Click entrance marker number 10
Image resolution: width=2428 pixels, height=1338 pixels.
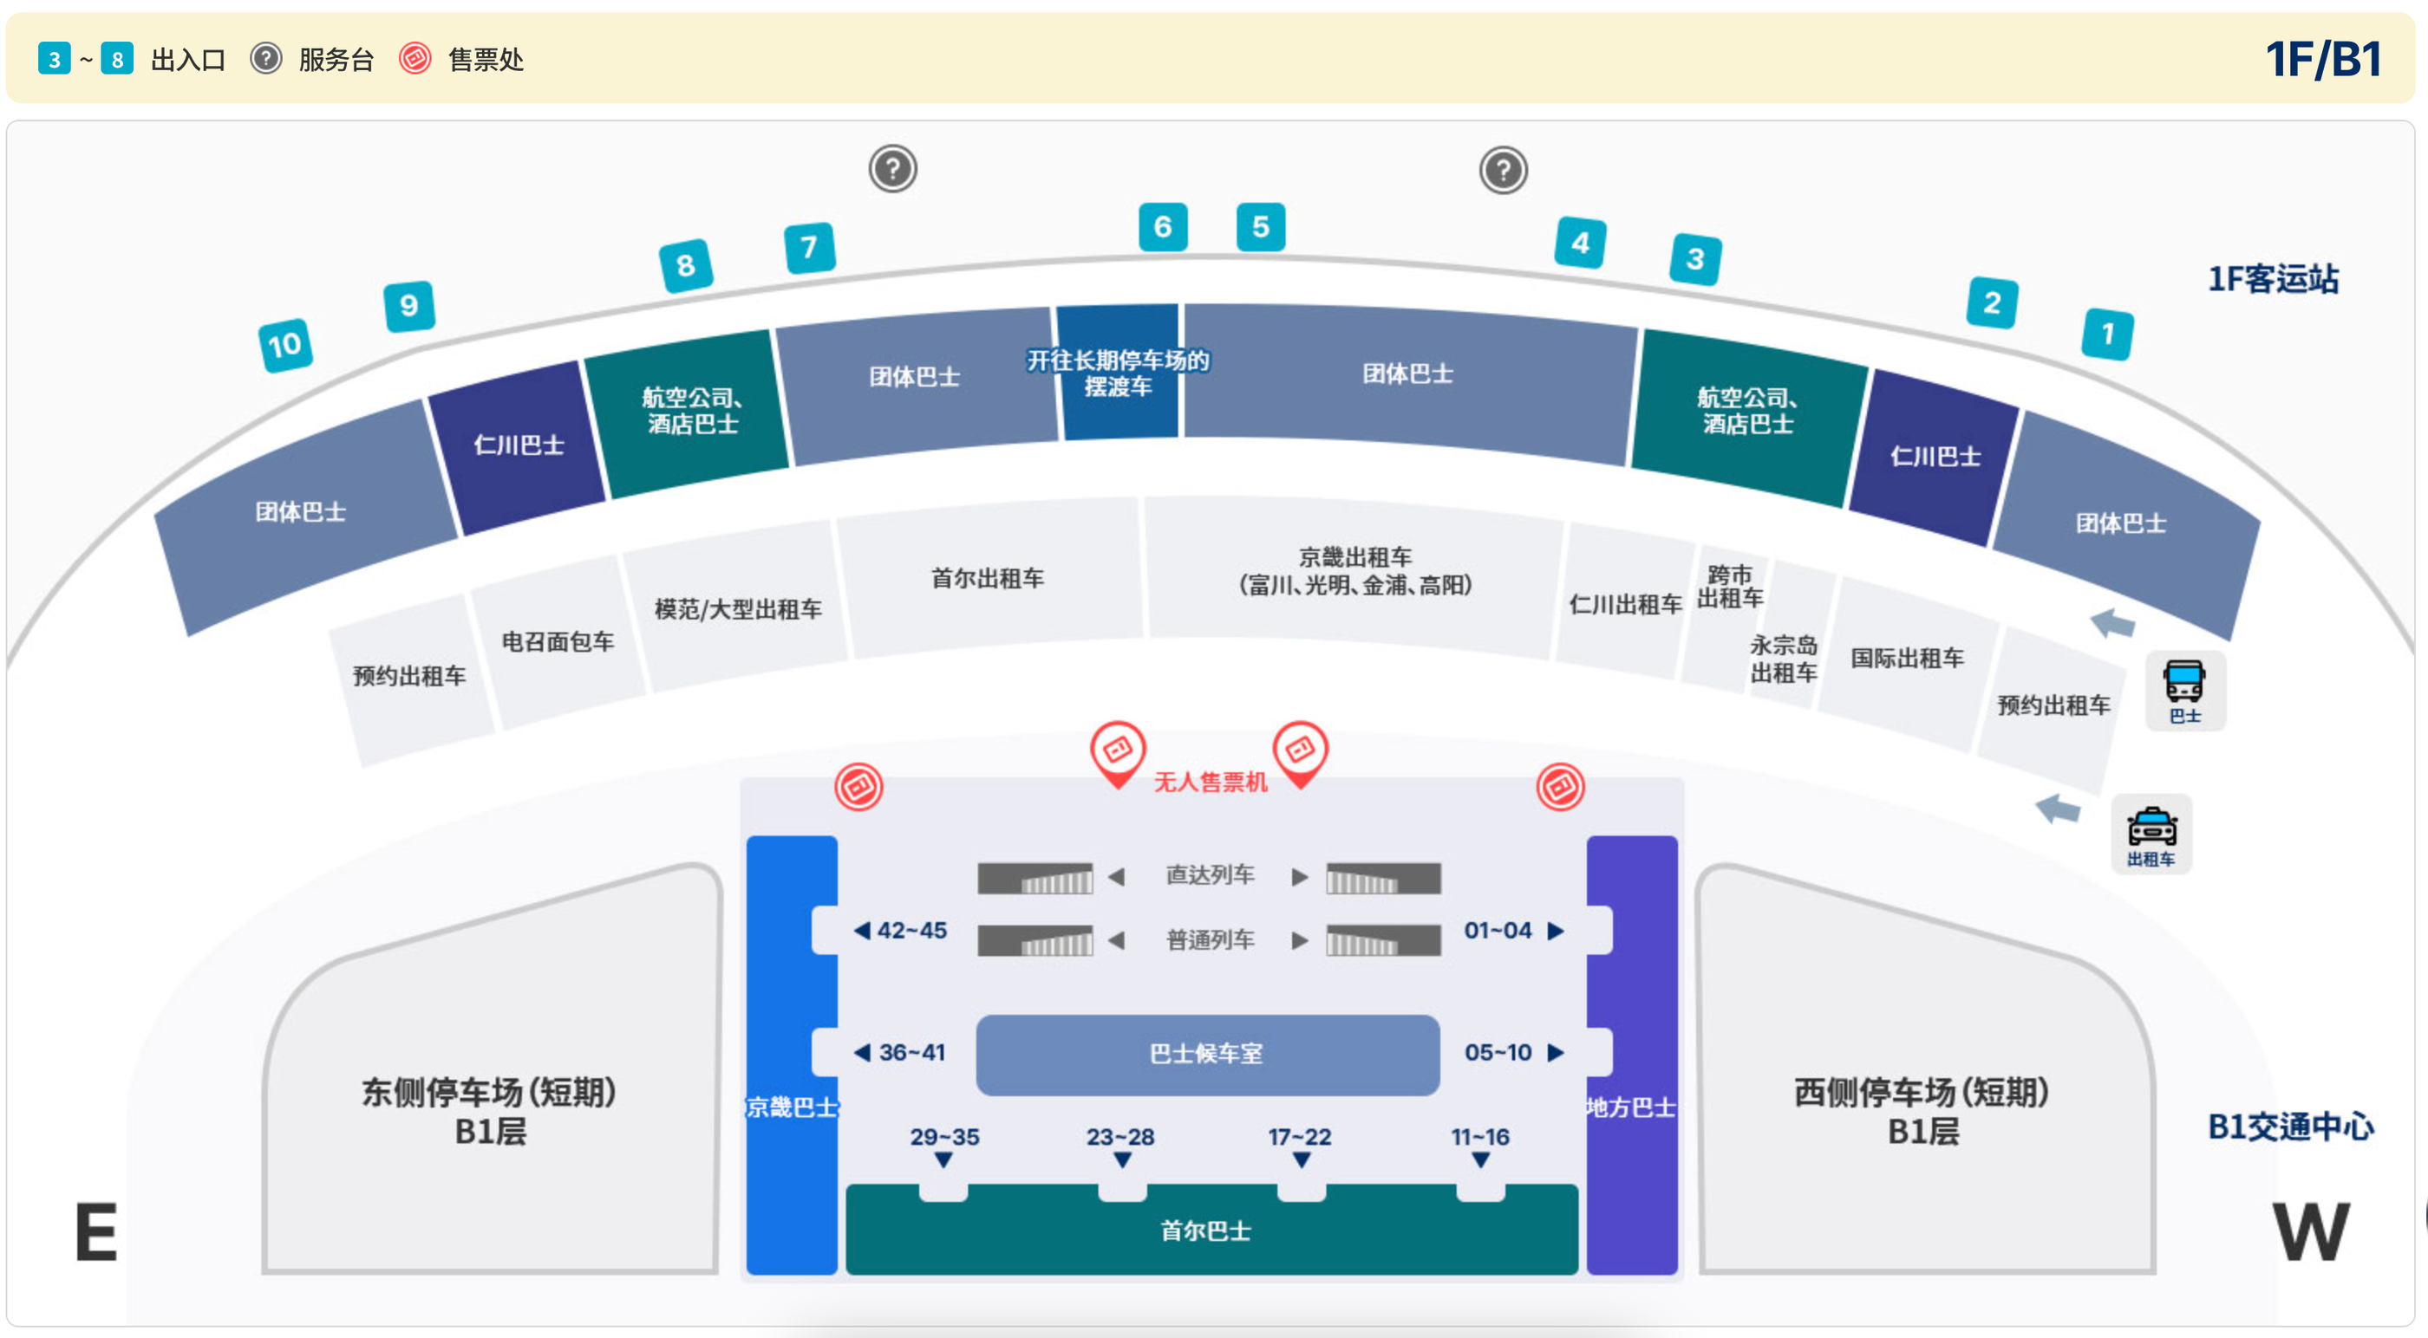click(285, 345)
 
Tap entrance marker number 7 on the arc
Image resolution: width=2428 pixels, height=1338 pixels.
click(809, 247)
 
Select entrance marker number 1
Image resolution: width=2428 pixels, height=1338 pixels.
click(2107, 334)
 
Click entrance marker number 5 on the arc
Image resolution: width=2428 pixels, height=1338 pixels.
click(1260, 226)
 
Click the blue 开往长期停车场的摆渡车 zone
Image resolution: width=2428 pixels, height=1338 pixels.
click(1118, 372)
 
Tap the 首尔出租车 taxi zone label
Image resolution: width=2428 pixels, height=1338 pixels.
click(988, 578)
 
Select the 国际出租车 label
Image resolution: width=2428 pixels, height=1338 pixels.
click(1907, 658)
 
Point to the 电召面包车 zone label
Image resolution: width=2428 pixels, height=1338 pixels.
click(557, 641)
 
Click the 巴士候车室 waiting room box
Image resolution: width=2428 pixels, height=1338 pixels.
click(1207, 1055)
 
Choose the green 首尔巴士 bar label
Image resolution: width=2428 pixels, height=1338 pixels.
click(1205, 1231)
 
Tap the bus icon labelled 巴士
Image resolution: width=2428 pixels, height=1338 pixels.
click(2185, 691)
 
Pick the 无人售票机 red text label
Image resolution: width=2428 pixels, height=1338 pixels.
click(1211, 782)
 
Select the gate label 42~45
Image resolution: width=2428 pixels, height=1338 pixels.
click(901, 930)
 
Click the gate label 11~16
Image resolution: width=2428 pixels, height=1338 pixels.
click(1480, 1136)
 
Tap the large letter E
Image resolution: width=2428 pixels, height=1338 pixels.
click(96, 1231)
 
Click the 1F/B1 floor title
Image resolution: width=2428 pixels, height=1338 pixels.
click(2323, 60)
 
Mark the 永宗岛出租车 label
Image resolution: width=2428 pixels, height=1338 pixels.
click(1784, 659)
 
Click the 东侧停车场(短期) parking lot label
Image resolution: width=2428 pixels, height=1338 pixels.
click(489, 1092)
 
